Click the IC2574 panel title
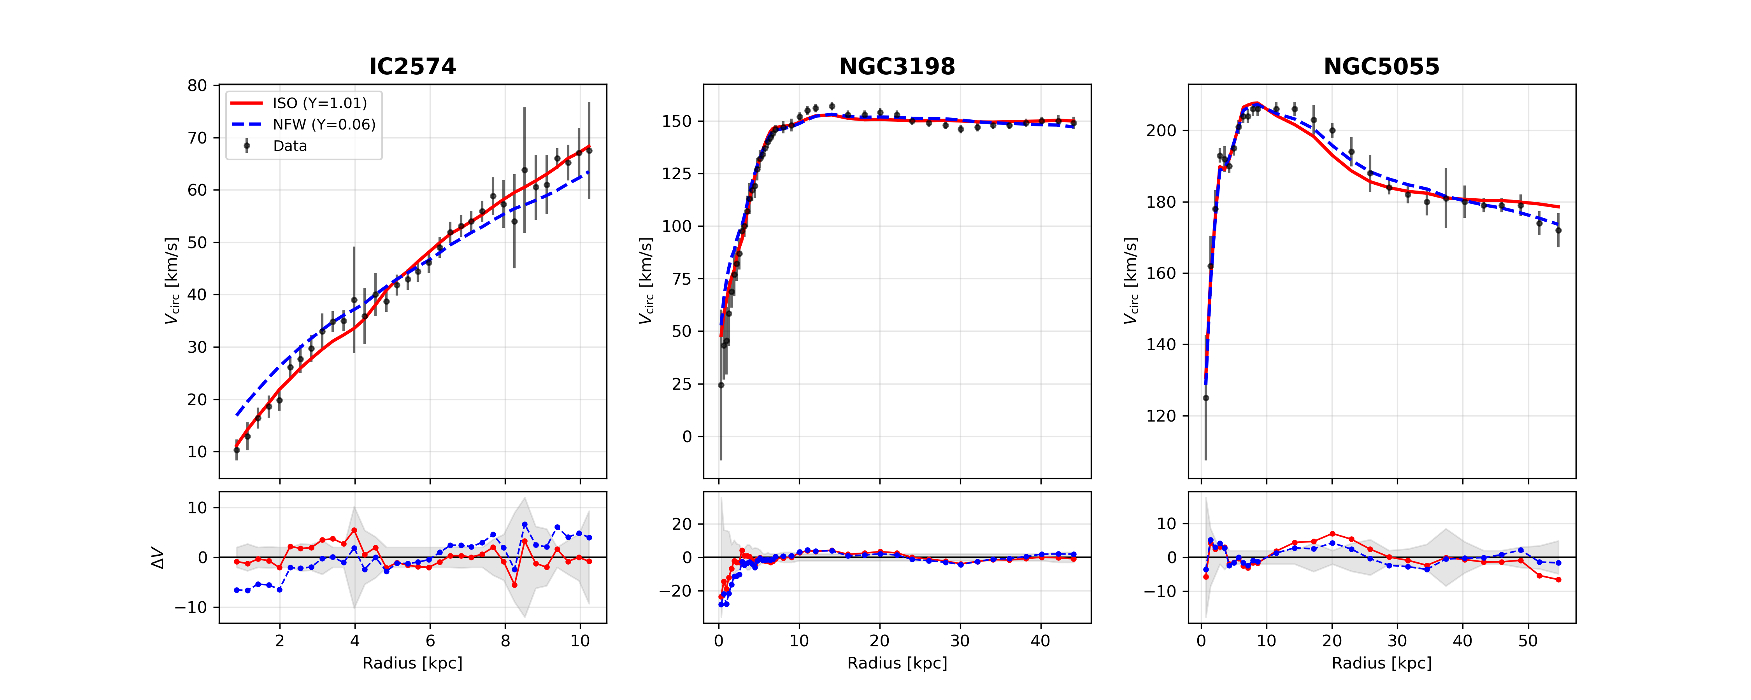click(412, 66)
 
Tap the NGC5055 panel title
click(1381, 66)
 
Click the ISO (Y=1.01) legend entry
click(319, 103)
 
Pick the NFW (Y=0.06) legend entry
click(324, 124)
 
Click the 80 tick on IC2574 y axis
click(197, 86)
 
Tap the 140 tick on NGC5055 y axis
click(1161, 345)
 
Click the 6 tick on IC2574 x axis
click(430, 641)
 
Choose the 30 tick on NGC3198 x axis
click(960, 641)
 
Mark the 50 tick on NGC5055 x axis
click(1528, 641)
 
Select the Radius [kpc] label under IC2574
click(412, 663)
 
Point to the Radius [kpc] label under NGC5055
click(1381, 663)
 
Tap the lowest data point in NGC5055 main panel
click(1206, 398)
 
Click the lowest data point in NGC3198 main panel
click(721, 385)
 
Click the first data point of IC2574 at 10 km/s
click(237, 450)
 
